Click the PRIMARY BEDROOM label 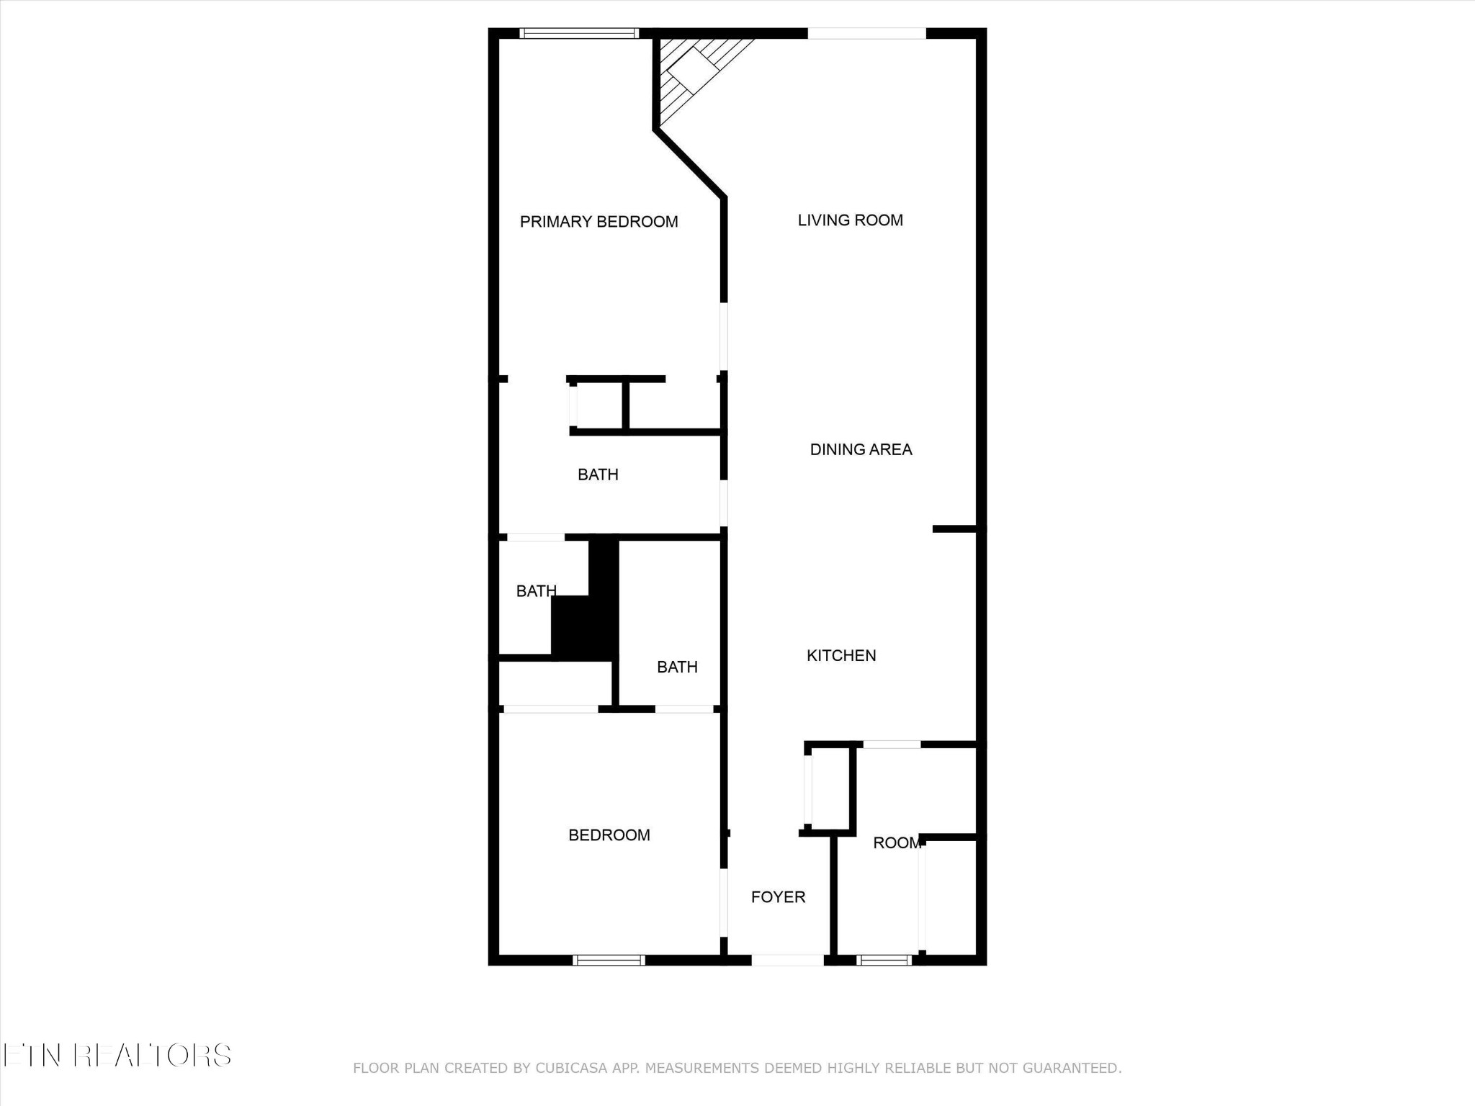coord(598,222)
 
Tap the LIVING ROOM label coord(850,220)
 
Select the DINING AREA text coord(861,449)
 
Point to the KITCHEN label coord(840,655)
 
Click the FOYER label coord(778,896)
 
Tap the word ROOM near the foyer coord(897,842)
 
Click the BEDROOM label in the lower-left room coord(609,835)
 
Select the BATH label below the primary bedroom coord(598,475)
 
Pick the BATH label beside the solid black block coord(536,591)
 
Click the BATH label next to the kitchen coord(677,667)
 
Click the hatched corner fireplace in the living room coord(691,72)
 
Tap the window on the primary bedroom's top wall coord(579,33)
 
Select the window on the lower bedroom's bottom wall coord(609,959)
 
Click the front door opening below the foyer coord(787,959)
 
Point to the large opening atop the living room coord(866,33)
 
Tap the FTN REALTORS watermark coord(117,1056)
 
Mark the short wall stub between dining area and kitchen coord(954,529)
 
